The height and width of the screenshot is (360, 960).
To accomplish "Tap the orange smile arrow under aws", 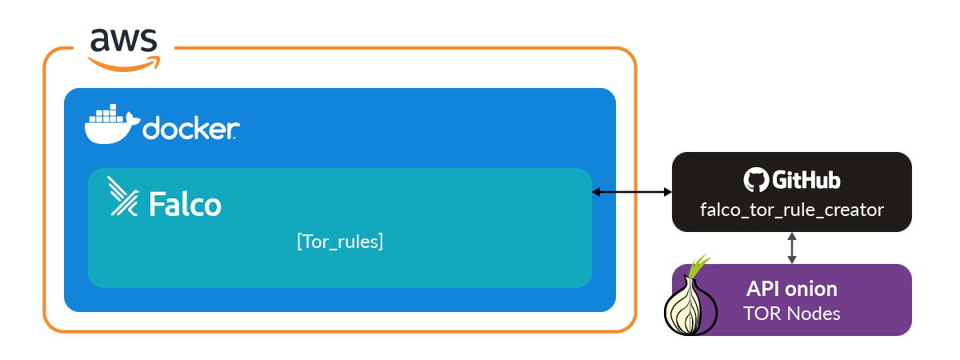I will point(124,63).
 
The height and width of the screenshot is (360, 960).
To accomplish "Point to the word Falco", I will point(185,205).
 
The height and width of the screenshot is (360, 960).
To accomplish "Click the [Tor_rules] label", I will point(339,242).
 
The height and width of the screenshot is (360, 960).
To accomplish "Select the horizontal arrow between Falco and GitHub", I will point(632,192).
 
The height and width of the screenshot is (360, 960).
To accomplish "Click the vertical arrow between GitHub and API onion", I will point(792,248).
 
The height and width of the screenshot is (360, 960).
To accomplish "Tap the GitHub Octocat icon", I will point(754,180).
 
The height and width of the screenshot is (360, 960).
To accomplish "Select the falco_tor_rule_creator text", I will point(792,210).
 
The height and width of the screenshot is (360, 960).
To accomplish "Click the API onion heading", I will point(792,288).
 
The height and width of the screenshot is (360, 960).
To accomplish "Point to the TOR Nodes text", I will point(792,314).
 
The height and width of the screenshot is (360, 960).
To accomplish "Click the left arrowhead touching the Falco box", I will point(597,192).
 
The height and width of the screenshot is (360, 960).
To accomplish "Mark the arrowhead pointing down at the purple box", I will point(792,259).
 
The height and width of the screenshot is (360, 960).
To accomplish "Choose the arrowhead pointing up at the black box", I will point(792,237).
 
